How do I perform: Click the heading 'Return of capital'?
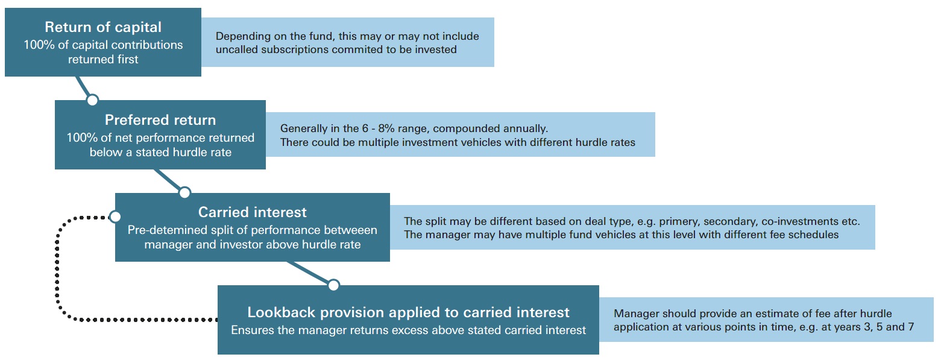pos(103,27)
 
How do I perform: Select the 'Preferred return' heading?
pos(160,119)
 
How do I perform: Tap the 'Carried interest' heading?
pos(252,212)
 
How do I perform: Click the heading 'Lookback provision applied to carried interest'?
pos(408,312)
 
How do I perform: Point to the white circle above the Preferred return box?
pos(92,99)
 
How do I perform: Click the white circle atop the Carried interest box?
pos(184,192)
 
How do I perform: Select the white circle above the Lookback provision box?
pos(333,285)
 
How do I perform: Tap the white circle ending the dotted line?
pos(115,216)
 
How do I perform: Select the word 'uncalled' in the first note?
pos(236,49)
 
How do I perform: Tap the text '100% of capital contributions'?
pos(103,45)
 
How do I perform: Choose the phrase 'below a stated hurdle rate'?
pos(160,152)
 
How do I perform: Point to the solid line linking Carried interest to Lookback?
pos(310,273)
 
